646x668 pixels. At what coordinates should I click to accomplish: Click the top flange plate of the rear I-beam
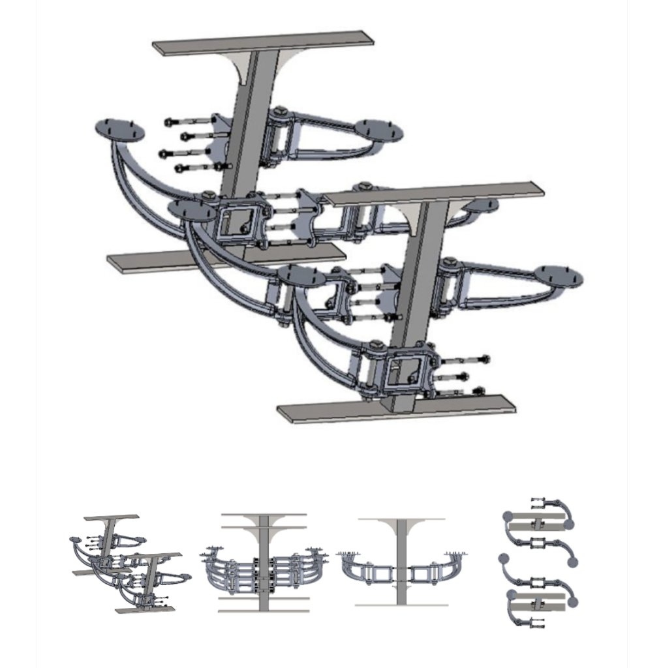point(263,42)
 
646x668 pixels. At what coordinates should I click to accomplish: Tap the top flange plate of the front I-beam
point(434,194)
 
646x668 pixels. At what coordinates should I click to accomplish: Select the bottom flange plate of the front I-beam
point(396,410)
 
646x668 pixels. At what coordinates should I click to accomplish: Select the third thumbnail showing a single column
point(401,562)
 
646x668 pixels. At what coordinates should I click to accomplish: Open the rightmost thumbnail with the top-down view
point(538,562)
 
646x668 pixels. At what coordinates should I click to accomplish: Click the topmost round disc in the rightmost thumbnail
point(508,517)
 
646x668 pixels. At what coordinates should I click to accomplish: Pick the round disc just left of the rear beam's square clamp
point(191,210)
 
